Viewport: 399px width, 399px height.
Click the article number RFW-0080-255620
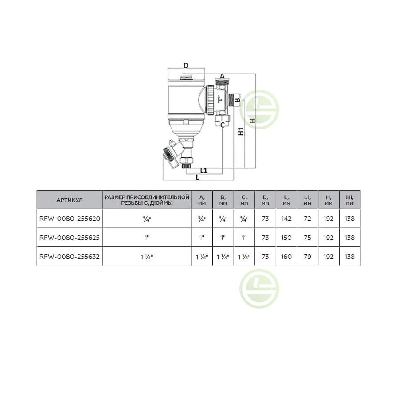[x=70, y=219]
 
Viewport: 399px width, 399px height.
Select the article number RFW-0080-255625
[x=70, y=238]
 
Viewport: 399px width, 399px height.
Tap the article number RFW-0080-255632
[x=70, y=257]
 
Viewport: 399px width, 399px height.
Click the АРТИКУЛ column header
[x=70, y=200]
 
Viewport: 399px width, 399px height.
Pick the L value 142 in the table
[x=286, y=219]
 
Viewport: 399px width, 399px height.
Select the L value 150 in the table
[x=286, y=238]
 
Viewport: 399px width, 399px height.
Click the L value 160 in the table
[x=286, y=257]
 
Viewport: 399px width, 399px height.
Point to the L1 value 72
[x=307, y=219]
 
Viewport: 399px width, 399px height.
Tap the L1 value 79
[x=307, y=257]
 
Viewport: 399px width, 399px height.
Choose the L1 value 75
[x=307, y=238]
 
